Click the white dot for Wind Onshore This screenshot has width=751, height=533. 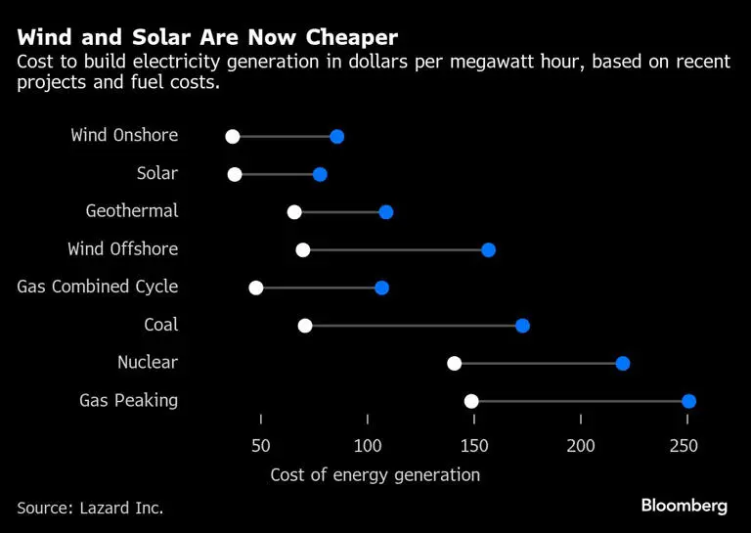pos(233,136)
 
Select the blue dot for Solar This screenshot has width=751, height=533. pos(320,174)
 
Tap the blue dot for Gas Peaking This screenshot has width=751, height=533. pos(688,401)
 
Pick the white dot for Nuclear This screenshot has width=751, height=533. pos(455,364)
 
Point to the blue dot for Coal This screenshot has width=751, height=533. pos(522,326)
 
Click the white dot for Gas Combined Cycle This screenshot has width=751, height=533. pos(256,288)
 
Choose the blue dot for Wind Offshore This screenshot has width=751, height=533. pos(489,250)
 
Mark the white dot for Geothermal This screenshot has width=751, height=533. pos(294,212)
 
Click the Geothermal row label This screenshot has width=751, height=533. pos(132,211)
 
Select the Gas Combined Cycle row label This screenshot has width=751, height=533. pos(98,287)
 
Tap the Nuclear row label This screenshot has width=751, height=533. pos(148,362)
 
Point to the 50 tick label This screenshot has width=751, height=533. pos(261,446)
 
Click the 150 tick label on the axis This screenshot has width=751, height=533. pos(474,446)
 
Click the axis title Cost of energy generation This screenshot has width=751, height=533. pos(375,475)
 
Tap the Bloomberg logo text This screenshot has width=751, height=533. pos(685,506)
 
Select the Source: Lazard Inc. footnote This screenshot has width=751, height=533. pos(90,508)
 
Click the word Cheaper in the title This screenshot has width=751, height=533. pos(339,38)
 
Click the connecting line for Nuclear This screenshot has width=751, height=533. pos(539,364)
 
